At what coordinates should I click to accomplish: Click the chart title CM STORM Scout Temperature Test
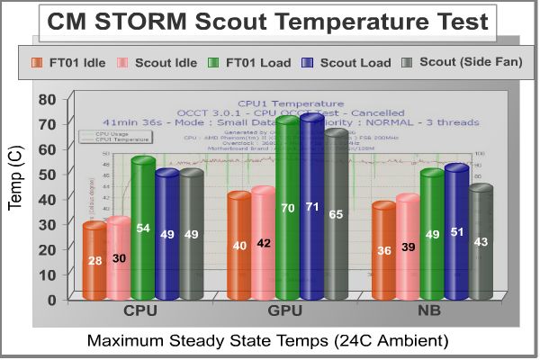point(269,22)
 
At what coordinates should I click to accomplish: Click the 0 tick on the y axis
point(52,299)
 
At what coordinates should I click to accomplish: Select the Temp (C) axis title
point(15,180)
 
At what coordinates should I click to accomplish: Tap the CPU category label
point(143,311)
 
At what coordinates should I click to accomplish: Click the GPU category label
point(286,311)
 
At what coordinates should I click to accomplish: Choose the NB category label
point(430,311)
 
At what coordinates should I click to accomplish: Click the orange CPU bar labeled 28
point(94,260)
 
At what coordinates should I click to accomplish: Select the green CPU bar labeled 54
point(142,229)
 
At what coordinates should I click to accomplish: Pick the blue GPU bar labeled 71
point(311,208)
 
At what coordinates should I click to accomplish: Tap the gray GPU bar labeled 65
point(336,215)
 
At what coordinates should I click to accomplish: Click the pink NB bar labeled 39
point(408,248)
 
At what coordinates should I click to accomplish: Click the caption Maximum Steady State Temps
point(267,341)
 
